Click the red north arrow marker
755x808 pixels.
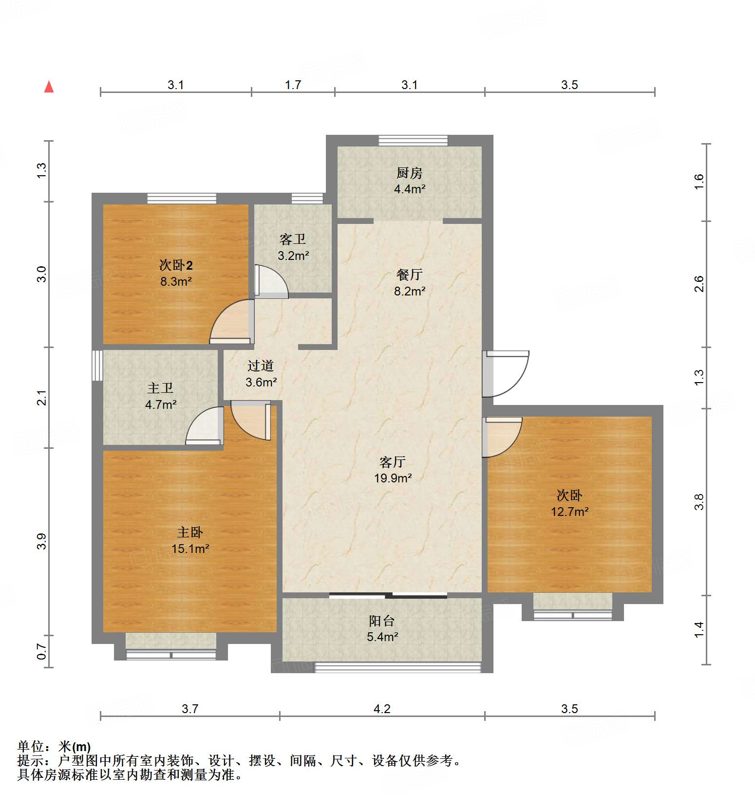point(49,87)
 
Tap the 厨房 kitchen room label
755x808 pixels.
point(409,173)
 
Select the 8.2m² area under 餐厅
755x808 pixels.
point(410,291)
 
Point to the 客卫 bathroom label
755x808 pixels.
point(293,239)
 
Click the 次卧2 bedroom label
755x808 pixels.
point(176,265)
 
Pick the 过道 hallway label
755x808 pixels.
point(261,366)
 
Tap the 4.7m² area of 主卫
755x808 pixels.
point(161,404)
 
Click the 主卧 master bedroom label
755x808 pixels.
point(190,532)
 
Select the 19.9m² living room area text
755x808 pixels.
point(393,478)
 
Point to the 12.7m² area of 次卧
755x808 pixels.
point(569,512)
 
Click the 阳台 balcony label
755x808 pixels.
point(382,621)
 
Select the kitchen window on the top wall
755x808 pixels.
point(413,140)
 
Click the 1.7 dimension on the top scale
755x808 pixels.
point(293,85)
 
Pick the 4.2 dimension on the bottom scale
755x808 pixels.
point(382,709)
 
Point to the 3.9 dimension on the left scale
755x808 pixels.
point(42,541)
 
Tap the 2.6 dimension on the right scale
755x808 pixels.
point(699,284)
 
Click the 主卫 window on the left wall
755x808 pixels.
point(97,365)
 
